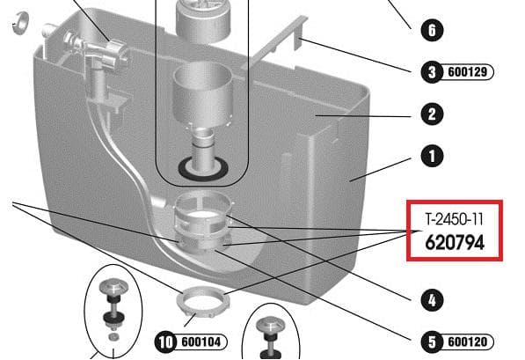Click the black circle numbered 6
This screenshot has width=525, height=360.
click(x=432, y=30)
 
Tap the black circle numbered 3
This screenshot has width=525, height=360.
click(x=432, y=71)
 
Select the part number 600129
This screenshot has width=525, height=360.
click(x=468, y=71)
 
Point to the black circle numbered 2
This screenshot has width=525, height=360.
click(x=432, y=114)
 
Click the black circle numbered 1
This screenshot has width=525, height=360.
click(x=432, y=156)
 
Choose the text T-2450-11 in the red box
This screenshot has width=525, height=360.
click(x=455, y=219)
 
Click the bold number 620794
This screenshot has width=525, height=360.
click(x=455, y=242)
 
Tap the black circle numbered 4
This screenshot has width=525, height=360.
click(x=432, y=300)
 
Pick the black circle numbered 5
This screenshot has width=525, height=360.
click(x=432, y=342)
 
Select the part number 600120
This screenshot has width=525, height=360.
click(x=468, y=342)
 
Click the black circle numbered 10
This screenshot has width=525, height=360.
click(x=166, y=342)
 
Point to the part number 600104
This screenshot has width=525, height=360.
click(x=201, y=342)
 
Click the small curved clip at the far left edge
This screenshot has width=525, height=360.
click(x=20, y=23)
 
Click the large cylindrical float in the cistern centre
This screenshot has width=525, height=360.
click(x=201, y=95)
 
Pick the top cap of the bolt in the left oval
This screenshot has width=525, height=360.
click(x=113, y=288)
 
